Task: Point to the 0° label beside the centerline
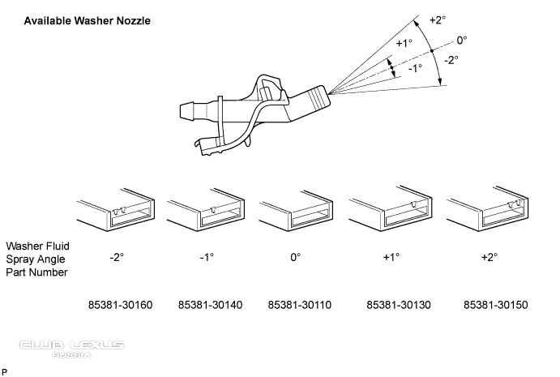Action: [461, 39]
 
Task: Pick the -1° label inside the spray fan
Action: [415, 69]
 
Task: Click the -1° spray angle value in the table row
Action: [206, 257]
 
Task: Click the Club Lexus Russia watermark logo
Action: [72, 348]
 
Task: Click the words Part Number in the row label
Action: [37, 272]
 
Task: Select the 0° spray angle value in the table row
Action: [295, 257]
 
